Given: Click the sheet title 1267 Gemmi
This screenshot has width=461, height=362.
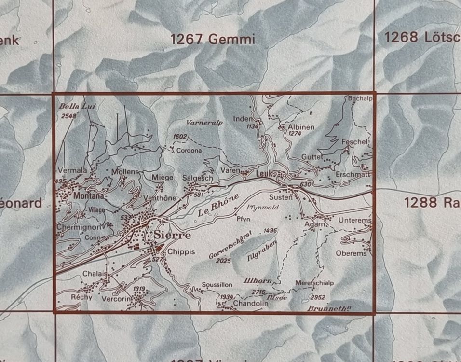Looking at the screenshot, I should coord(213,39).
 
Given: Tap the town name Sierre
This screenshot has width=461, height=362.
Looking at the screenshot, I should coord(172,235).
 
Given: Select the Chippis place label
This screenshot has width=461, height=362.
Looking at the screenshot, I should coord(181,251).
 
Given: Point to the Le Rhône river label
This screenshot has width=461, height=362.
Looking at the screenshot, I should coord(218,205).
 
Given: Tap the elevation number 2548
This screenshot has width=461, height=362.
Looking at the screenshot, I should coord(68,116).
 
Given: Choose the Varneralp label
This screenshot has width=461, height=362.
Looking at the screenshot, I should coord(205,123).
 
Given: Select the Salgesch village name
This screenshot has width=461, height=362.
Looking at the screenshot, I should coord(198,178).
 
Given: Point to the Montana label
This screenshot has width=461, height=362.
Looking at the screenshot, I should coord(89,196).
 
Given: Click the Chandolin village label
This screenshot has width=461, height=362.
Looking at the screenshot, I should coord(251,303).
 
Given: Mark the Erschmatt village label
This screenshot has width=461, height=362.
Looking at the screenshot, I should coord(353,174).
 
